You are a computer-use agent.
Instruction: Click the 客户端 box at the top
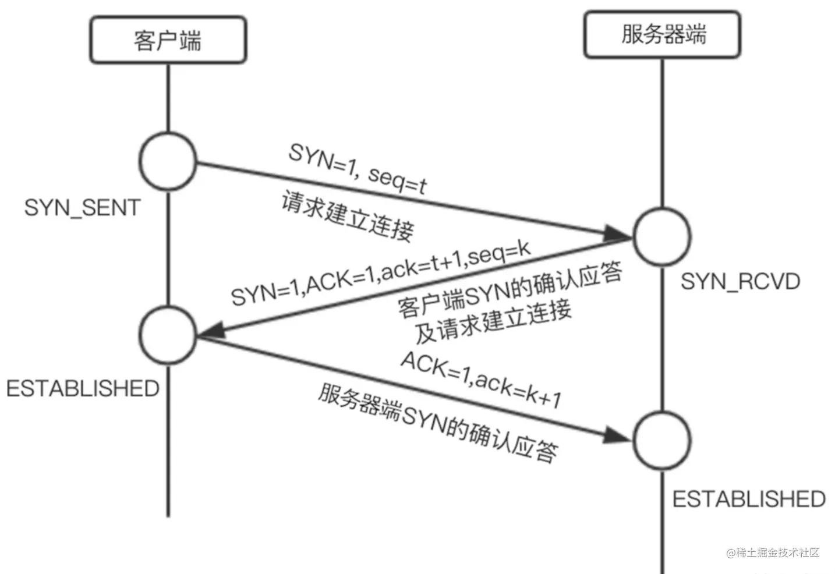coord(168,40)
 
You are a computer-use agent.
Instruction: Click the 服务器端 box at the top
coord(662,34)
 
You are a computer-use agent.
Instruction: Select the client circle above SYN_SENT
coord(168,161)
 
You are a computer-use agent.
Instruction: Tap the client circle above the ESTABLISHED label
coord(168,335)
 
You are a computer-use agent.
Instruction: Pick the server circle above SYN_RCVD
coord(662,237)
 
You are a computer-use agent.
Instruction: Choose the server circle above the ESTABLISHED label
coord(662,441)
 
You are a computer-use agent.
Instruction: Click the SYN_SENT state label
coord(82,208)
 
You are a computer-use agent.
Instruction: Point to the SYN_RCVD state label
coord(740,282)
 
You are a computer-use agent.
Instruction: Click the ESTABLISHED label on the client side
coord(83,388)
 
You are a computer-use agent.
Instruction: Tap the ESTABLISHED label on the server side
coord(749,499)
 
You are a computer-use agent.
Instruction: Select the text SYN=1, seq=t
coord(358,168)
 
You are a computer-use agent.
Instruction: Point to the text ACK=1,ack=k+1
coord(481,379)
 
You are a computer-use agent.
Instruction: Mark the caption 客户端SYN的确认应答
coord(510,289)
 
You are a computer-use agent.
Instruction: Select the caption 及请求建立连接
coord(493,321)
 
